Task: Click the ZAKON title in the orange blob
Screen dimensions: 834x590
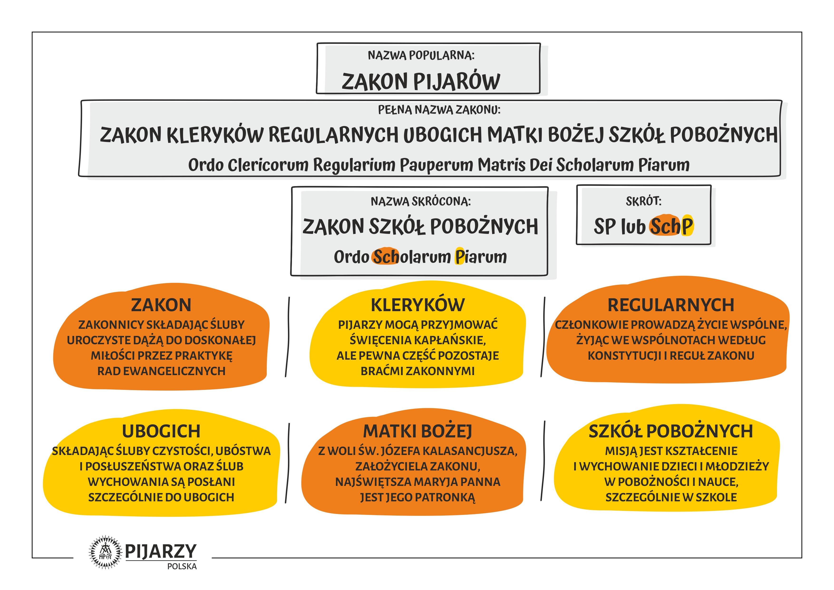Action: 161,305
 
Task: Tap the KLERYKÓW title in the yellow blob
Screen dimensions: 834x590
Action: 418,305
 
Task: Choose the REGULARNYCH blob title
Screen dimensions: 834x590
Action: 671,305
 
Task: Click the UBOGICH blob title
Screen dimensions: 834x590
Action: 161,431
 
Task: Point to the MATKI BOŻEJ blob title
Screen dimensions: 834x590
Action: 418,431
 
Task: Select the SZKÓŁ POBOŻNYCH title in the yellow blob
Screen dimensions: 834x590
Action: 671,431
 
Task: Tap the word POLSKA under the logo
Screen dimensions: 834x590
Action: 182,566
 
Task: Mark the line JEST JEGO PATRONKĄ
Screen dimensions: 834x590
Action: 418,497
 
